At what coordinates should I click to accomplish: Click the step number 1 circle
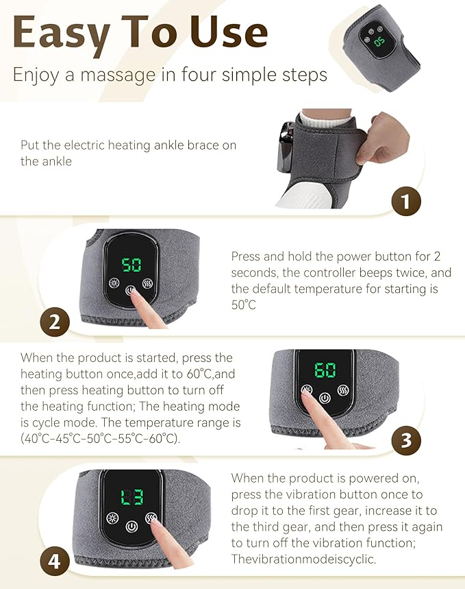click(x=405, y=202)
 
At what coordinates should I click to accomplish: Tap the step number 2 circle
click(x=55, y=321)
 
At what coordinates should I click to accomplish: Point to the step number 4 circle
click(x=55, y=563)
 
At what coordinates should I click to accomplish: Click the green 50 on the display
click(x=131, y=265)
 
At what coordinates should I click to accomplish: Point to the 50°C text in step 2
click(x=243, y=305)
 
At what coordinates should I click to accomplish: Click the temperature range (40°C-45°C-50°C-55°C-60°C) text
click(x=101, y=439)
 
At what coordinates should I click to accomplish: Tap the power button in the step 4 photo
click(x=131, y=527)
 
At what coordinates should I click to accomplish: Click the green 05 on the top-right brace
click(x=379, y=40)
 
